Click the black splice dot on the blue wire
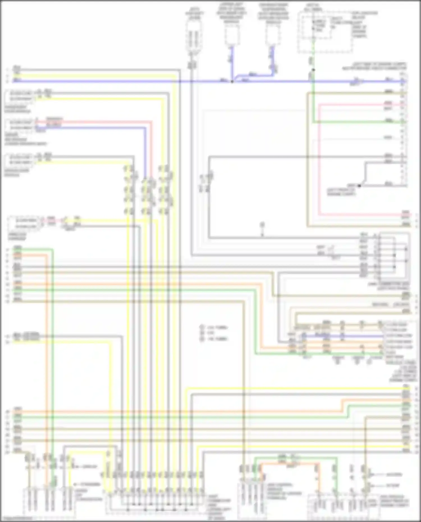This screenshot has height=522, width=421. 232,82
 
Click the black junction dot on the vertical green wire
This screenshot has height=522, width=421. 314,70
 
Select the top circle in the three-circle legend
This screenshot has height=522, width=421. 202,327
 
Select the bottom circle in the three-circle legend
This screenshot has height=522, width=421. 202,339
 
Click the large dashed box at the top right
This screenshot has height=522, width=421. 325,32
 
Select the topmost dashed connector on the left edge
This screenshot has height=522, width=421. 19,96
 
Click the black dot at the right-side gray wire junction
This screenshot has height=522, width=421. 359,186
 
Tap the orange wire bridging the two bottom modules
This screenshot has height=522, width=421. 289,464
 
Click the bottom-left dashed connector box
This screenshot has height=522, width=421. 49,503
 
